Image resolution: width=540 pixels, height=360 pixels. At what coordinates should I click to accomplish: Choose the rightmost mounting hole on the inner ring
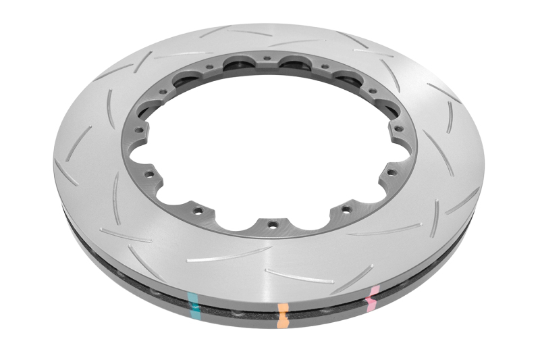[398, 128]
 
